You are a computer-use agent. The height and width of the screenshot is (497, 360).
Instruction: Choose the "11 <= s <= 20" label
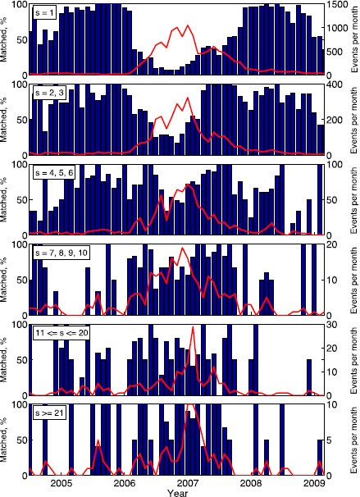(x=64, y=335)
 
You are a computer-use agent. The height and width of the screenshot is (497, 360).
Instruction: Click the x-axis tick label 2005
(x=62, y=483)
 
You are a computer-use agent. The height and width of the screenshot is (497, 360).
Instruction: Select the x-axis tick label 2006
(x=125, y=483)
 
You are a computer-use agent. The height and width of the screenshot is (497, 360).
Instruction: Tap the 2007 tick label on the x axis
(x=189, y=483)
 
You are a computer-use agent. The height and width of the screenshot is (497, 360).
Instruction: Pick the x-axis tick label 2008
(x=252, y=483)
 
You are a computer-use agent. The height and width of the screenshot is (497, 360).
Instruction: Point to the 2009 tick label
(x=315, y=483)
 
